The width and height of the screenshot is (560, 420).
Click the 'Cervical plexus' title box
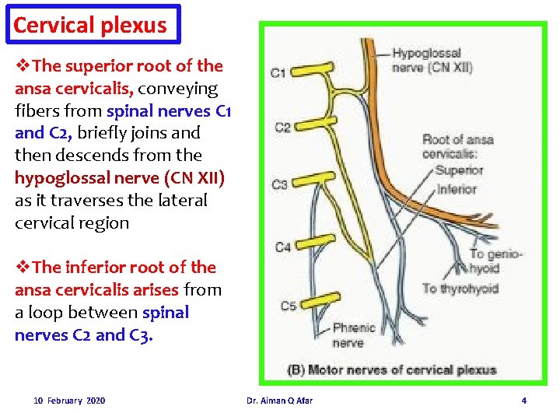click(x=91, y=25)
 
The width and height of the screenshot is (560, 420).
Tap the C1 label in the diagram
click(x=278, y=73)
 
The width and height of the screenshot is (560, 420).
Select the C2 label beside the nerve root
click(x=282, y=128)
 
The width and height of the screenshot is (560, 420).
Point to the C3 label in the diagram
click(x=280, y=184)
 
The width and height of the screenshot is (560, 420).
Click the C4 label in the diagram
click(x=283, y=247)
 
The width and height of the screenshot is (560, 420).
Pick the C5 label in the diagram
click(x=288, y=306)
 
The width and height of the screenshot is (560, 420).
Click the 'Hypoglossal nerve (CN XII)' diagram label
click(x=431, y=60)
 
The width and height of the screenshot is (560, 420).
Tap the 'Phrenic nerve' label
click(x=353, y=335)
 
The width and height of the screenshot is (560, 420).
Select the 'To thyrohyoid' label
click(x=460, y=289)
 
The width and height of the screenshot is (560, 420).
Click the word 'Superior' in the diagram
click(x=460, y=170)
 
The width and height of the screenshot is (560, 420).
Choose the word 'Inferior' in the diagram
click(x=457, y=188)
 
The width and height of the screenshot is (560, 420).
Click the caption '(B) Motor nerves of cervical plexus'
click(x=392, y=369)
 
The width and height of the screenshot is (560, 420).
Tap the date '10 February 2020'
click(x=70, y=401)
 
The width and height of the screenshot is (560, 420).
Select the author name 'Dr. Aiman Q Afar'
click(x=279, y=401)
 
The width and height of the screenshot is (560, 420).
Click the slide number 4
click(x=523, y=401)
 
